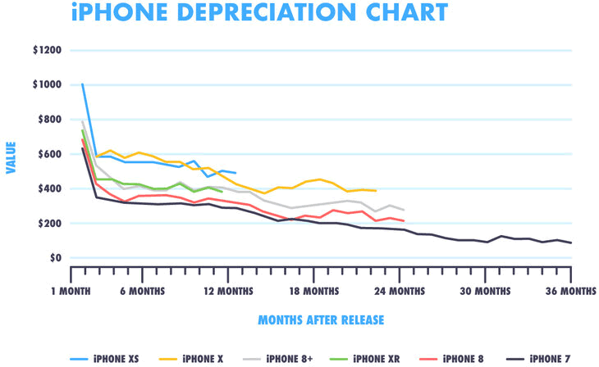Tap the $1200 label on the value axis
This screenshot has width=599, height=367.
(47, 50)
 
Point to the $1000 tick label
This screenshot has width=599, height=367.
(47, 84)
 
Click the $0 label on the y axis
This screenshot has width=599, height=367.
(54, 258)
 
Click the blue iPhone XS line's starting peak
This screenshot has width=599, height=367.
(82, 84)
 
